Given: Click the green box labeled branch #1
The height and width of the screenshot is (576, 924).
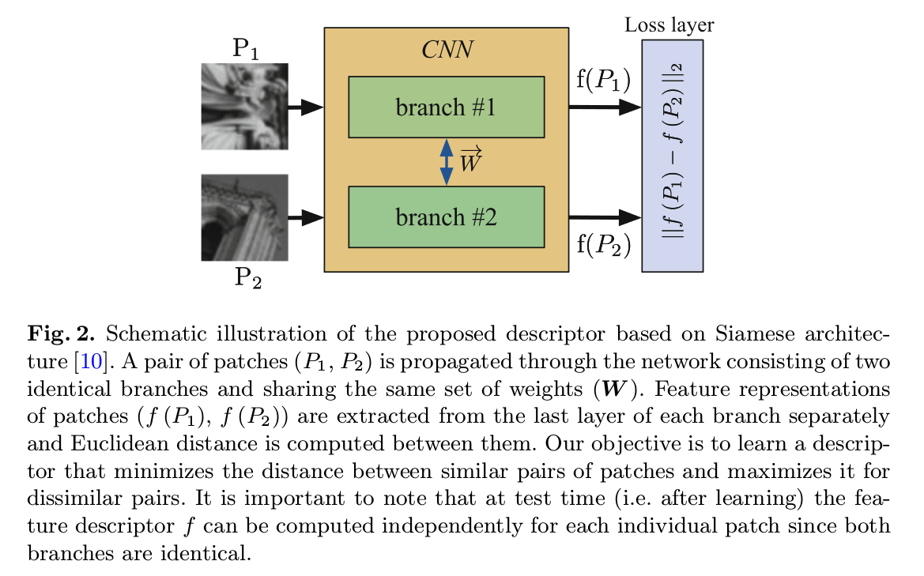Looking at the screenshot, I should tap(446, 107).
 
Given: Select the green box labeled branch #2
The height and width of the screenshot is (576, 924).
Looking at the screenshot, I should tap(446, 216).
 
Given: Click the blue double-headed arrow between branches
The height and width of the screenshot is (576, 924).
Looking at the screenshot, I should tap(447, 162).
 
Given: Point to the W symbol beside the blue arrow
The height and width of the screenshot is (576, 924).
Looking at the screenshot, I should tap(471, 162).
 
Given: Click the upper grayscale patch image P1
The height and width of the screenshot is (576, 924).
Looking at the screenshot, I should tap(244, 107).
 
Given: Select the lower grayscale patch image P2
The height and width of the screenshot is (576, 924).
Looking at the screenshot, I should tap(244, 217).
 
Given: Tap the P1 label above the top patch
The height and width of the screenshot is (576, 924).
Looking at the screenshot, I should tap(245, 49).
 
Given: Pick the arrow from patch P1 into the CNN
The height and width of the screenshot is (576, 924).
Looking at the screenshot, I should tap(306, 107).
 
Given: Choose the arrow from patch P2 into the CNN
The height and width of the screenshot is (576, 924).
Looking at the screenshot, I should tap(306, 216).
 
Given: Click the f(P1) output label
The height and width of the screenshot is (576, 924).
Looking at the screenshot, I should tap(603, 80).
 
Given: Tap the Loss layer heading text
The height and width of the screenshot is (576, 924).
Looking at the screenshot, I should tap(669, 24).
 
